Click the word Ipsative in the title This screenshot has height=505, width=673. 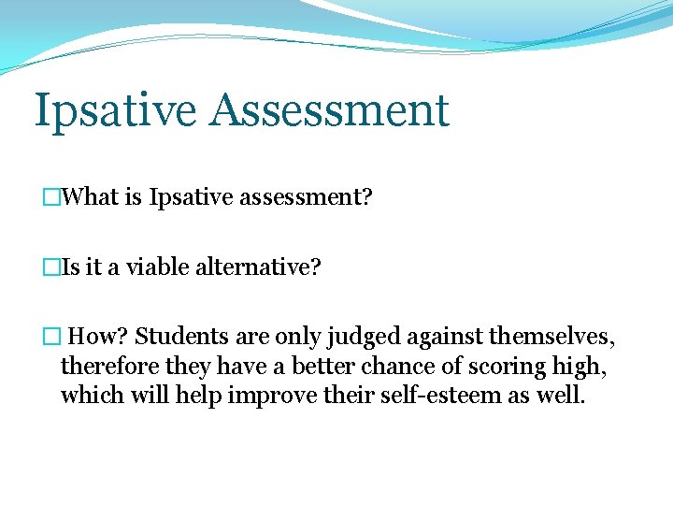(x=115, y=111)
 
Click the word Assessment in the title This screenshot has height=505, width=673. (x=329, y=109)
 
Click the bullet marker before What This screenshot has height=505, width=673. (x=50, y=198)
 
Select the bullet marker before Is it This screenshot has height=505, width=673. (x=50, y=267)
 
